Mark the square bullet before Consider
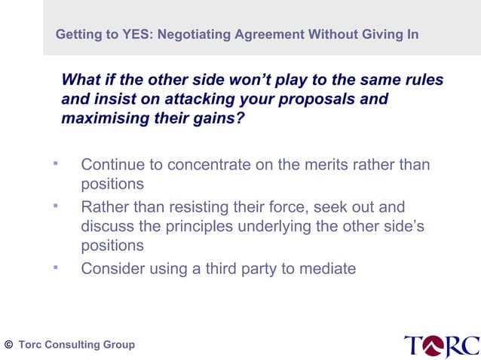[x=55, y=266]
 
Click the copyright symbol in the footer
[x=8, y=344]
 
